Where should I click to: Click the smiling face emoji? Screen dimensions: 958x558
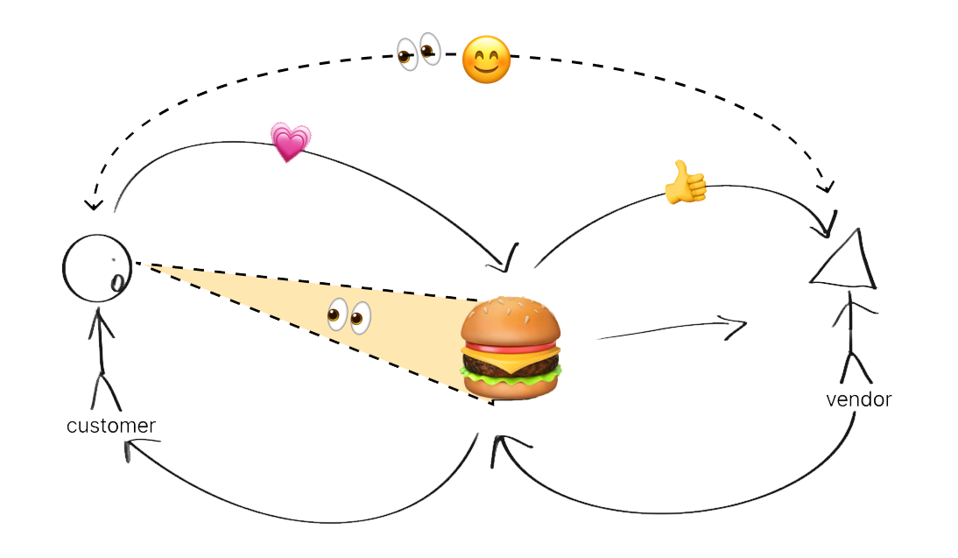pyautogui.click(x=486, y=61)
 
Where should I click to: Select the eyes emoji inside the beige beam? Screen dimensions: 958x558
pyautogui.click(x=349, y=316)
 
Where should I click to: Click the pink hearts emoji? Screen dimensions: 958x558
pyautogui.click(x=290, y=142)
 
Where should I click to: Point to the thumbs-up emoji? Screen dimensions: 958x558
pyautogui.click(x=685, y=183)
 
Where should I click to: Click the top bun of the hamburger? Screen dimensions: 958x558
pyautogui.click(x=511, y=321)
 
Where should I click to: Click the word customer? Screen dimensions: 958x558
pyautogui.click(x=111, y=427)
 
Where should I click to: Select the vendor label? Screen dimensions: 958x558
pyautogui.click(x=857, y=399)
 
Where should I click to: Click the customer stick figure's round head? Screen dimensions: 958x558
pyautogui.click(x=97, y=264)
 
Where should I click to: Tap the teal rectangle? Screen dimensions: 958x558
pyautogui.click(x=659, y=351)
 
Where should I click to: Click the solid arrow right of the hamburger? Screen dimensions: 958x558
pyautogui.click(x=670, y=329)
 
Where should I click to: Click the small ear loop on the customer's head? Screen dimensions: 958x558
pyautogui.click(x=116, y=282)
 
